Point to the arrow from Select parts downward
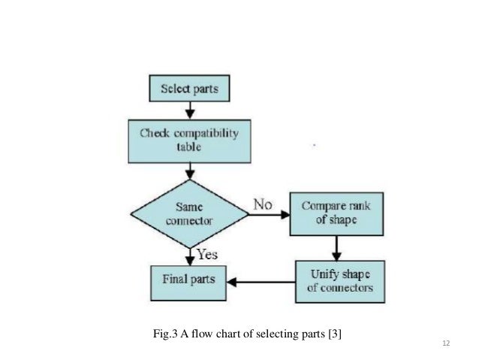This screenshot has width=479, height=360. click(191, 111)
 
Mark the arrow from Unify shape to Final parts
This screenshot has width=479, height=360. click(264, 283)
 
